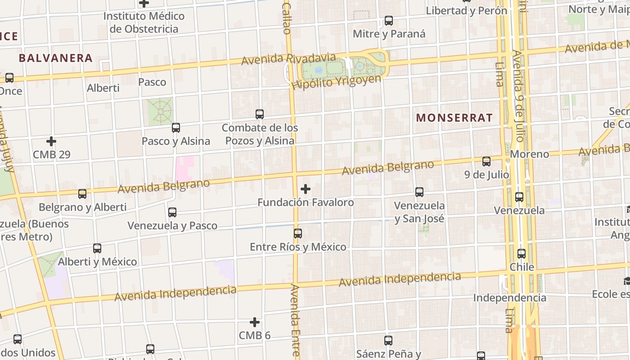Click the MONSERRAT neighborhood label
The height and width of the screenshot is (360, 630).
(x=454, y=118)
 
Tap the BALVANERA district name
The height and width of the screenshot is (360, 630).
(x=56, y=58)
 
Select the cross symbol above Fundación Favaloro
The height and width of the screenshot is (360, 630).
(x=306, y=189)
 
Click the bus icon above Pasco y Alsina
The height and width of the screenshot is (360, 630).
(x=176, y=128)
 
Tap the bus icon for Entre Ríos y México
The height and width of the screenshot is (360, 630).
(x=298, y=234)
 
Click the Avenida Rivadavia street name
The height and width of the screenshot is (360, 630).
(x=288, y=59)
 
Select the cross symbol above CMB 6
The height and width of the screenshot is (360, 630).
(x=255, y=322)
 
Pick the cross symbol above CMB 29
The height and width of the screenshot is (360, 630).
(x=51, y=141)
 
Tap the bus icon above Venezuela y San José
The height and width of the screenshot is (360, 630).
(x=419, y=192)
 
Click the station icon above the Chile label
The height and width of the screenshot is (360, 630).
(x=522, y=254)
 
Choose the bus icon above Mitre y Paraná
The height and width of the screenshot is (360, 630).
(x=389, y=21)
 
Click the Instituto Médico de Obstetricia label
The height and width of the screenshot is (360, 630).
(x=144, y=22)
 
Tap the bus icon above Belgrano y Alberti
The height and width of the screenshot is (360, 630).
(x=82, y=194)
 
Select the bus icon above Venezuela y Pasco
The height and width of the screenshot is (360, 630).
(x=172, y=212)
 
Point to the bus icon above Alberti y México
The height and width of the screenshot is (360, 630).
(x=97, y=248)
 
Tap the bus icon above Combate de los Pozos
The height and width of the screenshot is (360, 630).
(x=260, y=114)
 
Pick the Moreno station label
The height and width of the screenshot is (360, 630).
(x=529, y=154)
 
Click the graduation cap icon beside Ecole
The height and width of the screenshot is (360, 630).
(x=626, y=281)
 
